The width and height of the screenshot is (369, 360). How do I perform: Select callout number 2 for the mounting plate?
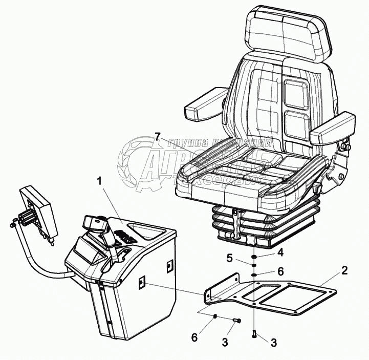pos(345,270)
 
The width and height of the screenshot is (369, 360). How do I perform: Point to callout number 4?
pos(280,252)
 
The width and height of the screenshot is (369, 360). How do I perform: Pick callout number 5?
pos(231,258)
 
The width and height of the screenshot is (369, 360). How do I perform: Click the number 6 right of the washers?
pos(280,272)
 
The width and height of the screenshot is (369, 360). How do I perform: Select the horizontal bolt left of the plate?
pos(236,321)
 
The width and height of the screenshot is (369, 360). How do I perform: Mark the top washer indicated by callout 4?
pos(254,256)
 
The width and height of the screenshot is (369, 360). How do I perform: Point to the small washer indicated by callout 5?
pos(254,265)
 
